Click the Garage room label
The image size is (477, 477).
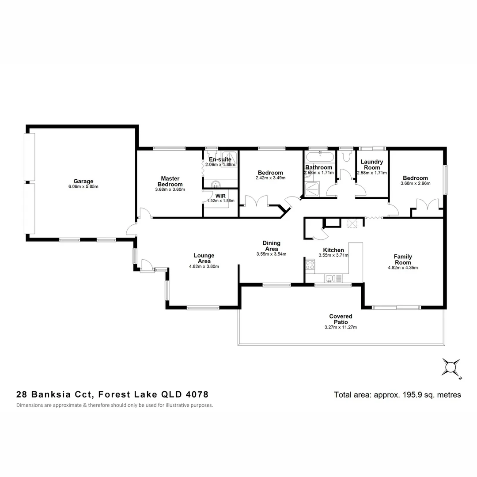[x=83, y=181]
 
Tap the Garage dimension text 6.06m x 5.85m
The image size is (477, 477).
[x=83, y=186]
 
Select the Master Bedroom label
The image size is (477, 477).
[x=170, y=182]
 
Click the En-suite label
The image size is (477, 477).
[x=220, y=159]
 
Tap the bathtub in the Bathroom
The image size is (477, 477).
[x=319, y=157]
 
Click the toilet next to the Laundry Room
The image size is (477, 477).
[x=346, y=156]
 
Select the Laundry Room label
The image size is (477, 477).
[x=371, y=165]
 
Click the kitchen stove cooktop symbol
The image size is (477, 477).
[x=310, y=265]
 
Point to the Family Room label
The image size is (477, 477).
[x=402, y=260]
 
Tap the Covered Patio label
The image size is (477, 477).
[x=341, y=319]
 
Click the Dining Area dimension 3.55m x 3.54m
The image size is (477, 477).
[x=271, y=254]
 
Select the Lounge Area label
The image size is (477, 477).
[x=204, y=258]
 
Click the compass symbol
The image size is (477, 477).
[x=451, y=367]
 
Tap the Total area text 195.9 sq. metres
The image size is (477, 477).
[x=397, y=395]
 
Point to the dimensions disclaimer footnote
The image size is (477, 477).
[x=115, y=405]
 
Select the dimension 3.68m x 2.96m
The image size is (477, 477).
[x=415, y=184]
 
